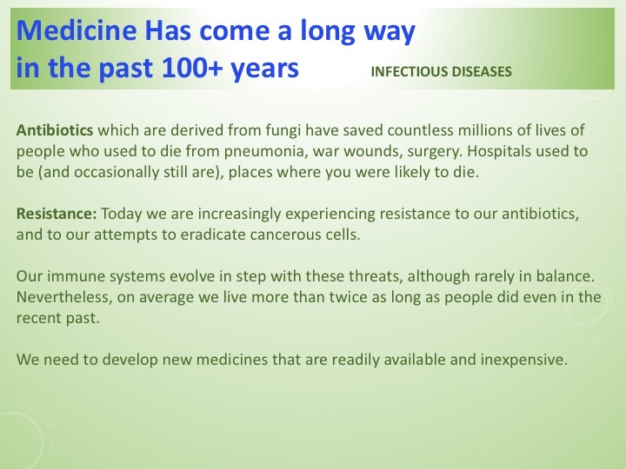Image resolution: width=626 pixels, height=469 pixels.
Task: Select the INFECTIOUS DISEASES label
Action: click(x=441, y=72)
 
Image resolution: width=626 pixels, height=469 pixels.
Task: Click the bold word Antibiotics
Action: click(x=55, y=131)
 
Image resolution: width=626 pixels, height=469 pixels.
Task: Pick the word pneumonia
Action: click(x=235, y=150)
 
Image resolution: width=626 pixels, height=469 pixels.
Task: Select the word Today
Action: click(x=123, y=214)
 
